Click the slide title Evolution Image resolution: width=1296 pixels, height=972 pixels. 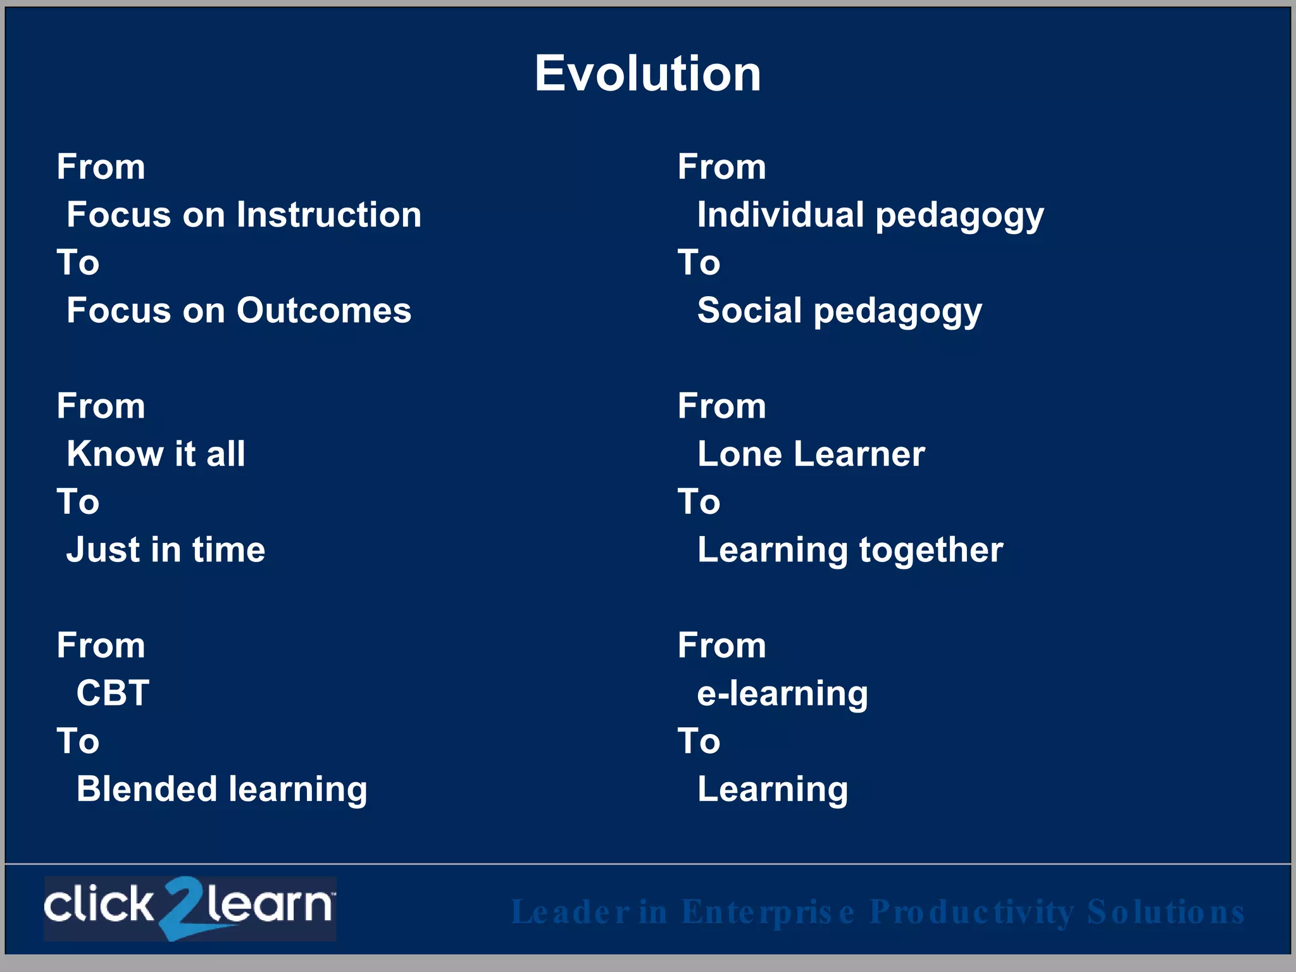click(647, 73)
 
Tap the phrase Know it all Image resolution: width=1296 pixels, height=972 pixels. click(156, 454)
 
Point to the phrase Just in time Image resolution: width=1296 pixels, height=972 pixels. click(166, 549)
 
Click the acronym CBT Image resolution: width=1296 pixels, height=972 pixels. click(113, 693)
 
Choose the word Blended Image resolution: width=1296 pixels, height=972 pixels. click(147, 789)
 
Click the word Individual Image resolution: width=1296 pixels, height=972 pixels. click(780, 215)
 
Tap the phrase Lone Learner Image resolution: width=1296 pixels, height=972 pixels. click(811, 454)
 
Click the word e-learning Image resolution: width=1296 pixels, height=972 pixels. click(782, 694)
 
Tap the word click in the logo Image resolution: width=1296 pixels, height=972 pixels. click(98, 905)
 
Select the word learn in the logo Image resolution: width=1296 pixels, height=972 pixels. click(269, 905)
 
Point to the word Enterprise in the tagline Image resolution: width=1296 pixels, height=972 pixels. click(768, 913)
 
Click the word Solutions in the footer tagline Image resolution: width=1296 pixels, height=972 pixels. click(1165, 913)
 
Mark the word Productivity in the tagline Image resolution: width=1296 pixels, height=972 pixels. click(971, 913)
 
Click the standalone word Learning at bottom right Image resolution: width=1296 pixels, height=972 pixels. click(772, 790)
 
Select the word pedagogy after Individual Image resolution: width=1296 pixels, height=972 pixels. click(959, 216)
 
